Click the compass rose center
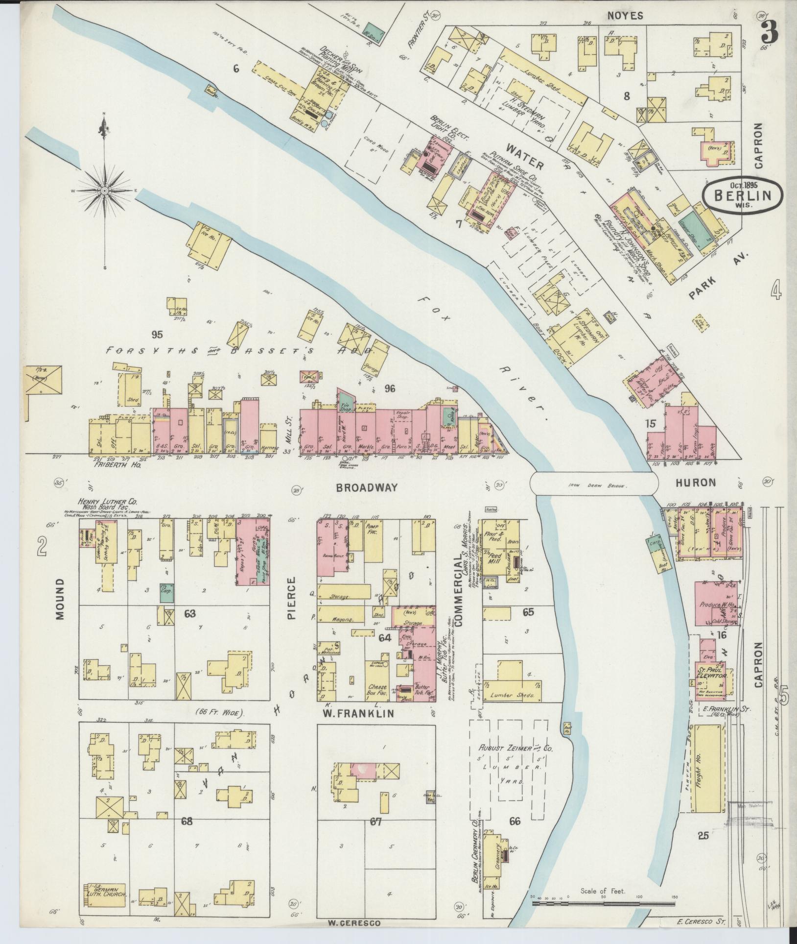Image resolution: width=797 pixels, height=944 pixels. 104,190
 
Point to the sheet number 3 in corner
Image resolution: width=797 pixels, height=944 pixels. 770,33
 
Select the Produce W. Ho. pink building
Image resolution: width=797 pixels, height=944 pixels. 716,605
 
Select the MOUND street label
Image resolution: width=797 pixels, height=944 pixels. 60,599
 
